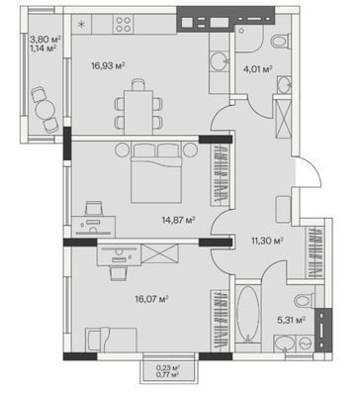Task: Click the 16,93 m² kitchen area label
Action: pyautogui.click(x=108, y=66)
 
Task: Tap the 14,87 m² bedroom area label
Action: pyautogui.click(x=179, y=220)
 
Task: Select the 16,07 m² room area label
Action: pyautogui.click(x=152, y=299)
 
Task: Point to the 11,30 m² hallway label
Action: pyautogui.click(x=267, y=241)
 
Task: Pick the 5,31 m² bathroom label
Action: pyautogui.click(x=291, y=320)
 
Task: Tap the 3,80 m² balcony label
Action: pyautogui.click(x=45, y=40)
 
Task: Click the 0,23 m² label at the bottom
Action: pyautogui.click(x=168, y=367)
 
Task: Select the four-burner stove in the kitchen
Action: pyautogui.click(x=123, y=25)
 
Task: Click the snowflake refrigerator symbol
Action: pyautogui.click(x=81, y=24)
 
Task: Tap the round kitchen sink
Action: pyautogui.click(x=219, y=61)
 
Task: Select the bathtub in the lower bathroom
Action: pyautogui.click(x=248, y=314)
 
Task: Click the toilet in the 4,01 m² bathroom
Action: pyautogui.click(x=280, y=42)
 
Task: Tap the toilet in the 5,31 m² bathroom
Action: pyautogui.click(x=305, y=301)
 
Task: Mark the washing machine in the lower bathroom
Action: pyautogui.click(x=307, y=344)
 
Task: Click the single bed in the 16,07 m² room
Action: pyautogui.click(x=111, y=340)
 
